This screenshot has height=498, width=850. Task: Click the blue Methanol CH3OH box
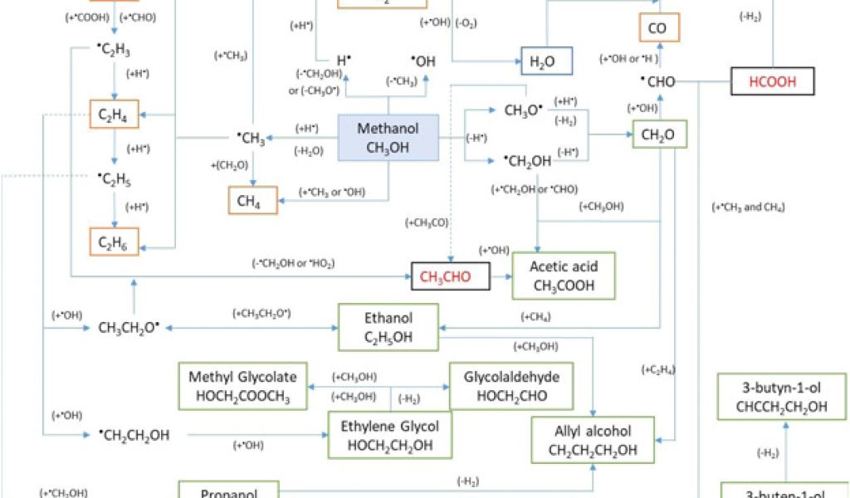click(388, 137)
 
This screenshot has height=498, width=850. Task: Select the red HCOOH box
click(773, 81)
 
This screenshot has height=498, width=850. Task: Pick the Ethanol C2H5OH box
click(388, 327)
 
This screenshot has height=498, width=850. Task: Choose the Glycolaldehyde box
click(511, 386)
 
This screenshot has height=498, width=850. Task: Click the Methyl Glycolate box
click(242, 386)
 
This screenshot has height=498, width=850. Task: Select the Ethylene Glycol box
click(389, 435)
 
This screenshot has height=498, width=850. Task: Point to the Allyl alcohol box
click(593, 441)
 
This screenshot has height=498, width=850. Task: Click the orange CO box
click(659, 28)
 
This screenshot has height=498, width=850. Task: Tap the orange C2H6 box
click(114, 242)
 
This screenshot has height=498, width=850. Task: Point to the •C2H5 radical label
click(114, 179)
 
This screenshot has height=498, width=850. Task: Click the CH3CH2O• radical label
click(128, 328)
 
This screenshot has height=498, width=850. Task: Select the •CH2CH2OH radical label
click(134, 434)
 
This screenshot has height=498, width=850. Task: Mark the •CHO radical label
click(657, 81)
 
